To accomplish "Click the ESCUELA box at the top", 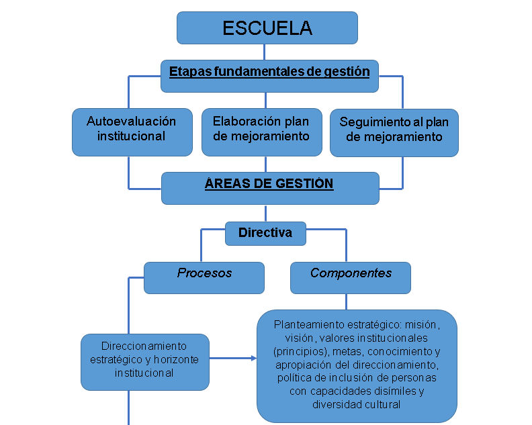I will (267, 28).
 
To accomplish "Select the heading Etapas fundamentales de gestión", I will (269, 71).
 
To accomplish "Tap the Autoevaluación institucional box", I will (132, 129).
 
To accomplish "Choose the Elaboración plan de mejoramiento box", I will (261, 129).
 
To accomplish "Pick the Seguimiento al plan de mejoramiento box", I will (394, 130).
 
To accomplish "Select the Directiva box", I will (265, 233).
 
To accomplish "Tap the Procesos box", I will (204, 273).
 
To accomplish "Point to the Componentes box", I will (351, 273).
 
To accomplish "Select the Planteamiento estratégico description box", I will (357, 365).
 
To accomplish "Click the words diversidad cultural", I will (357, 404).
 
